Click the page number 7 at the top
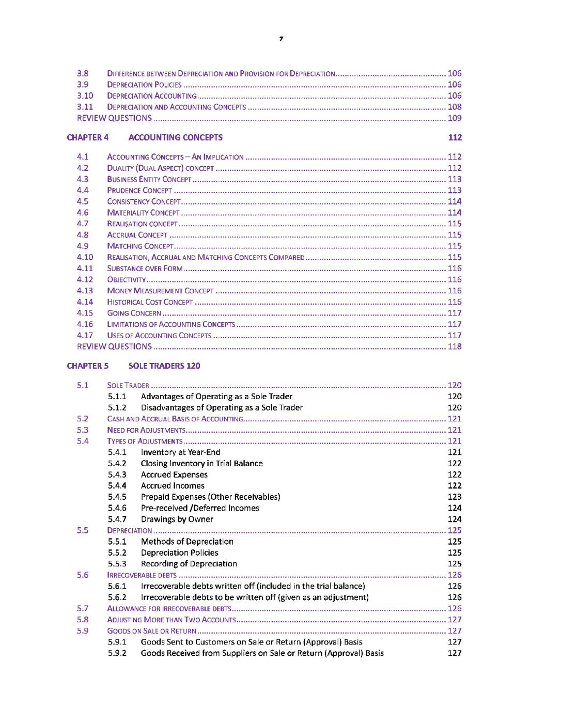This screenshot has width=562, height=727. (281, 39)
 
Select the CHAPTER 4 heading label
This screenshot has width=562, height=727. (88, 137)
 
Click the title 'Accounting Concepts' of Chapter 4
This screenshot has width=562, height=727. (176, 137)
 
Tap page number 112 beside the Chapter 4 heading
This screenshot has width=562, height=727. (455, 137)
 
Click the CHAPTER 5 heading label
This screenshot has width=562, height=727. (88, 366)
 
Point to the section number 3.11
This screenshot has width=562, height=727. (85, 107)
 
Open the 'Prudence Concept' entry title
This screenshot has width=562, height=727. (139, 191)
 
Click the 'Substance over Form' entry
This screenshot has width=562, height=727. (145, 268)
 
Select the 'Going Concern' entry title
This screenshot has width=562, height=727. (134, 313)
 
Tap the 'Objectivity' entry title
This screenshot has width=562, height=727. (127, 280)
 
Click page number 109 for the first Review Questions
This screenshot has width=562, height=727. (455, 118)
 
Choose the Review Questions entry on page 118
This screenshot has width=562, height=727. (115, 346)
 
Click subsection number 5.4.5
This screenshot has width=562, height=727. (117, 497)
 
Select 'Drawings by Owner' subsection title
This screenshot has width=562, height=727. (177, 519)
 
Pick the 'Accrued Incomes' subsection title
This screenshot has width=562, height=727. (173, 486)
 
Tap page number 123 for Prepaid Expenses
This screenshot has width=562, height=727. (455, 497)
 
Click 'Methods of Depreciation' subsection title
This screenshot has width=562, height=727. (187, 542)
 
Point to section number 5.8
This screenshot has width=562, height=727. (83, 620)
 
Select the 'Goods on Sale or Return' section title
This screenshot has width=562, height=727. (152, 631)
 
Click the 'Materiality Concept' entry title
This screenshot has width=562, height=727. (144, 213)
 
